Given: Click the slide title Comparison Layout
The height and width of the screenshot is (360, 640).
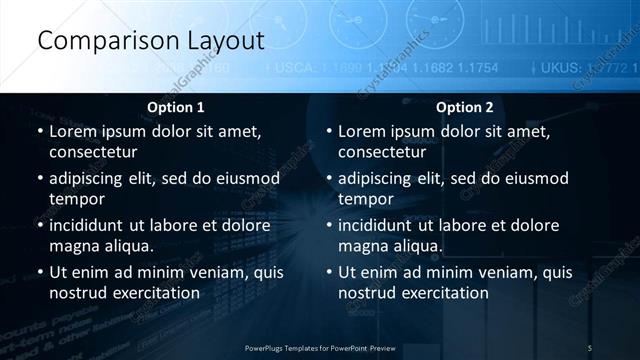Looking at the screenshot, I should pos(150,41).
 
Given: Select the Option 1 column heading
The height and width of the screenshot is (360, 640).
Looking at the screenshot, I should pos(176,107).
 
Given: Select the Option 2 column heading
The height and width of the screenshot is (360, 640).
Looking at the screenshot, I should pos(465,107).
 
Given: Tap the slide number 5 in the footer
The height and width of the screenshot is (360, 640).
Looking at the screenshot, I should pos(590,347).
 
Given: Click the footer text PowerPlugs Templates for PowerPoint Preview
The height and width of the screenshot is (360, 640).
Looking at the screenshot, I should pos(320,347).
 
